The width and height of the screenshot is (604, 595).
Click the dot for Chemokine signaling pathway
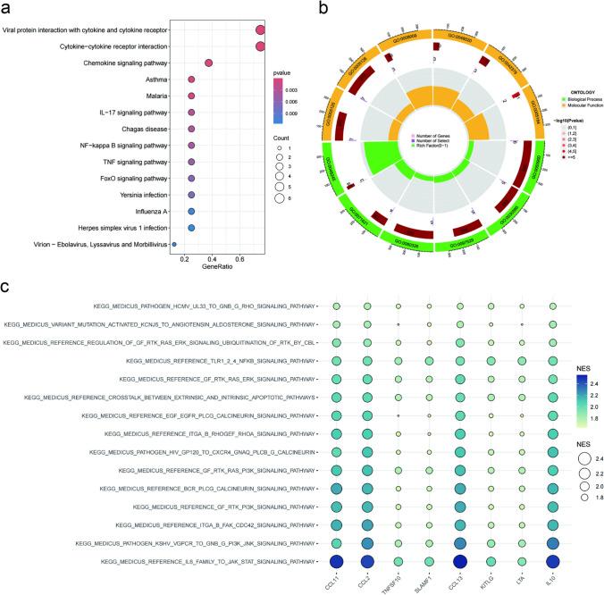pyautogui.click(x=209, y=63)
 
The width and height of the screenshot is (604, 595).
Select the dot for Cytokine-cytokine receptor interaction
pyautogui.click(x=260, y=46)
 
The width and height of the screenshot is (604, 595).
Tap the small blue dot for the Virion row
pyautogui.click(x=174, y=243)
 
